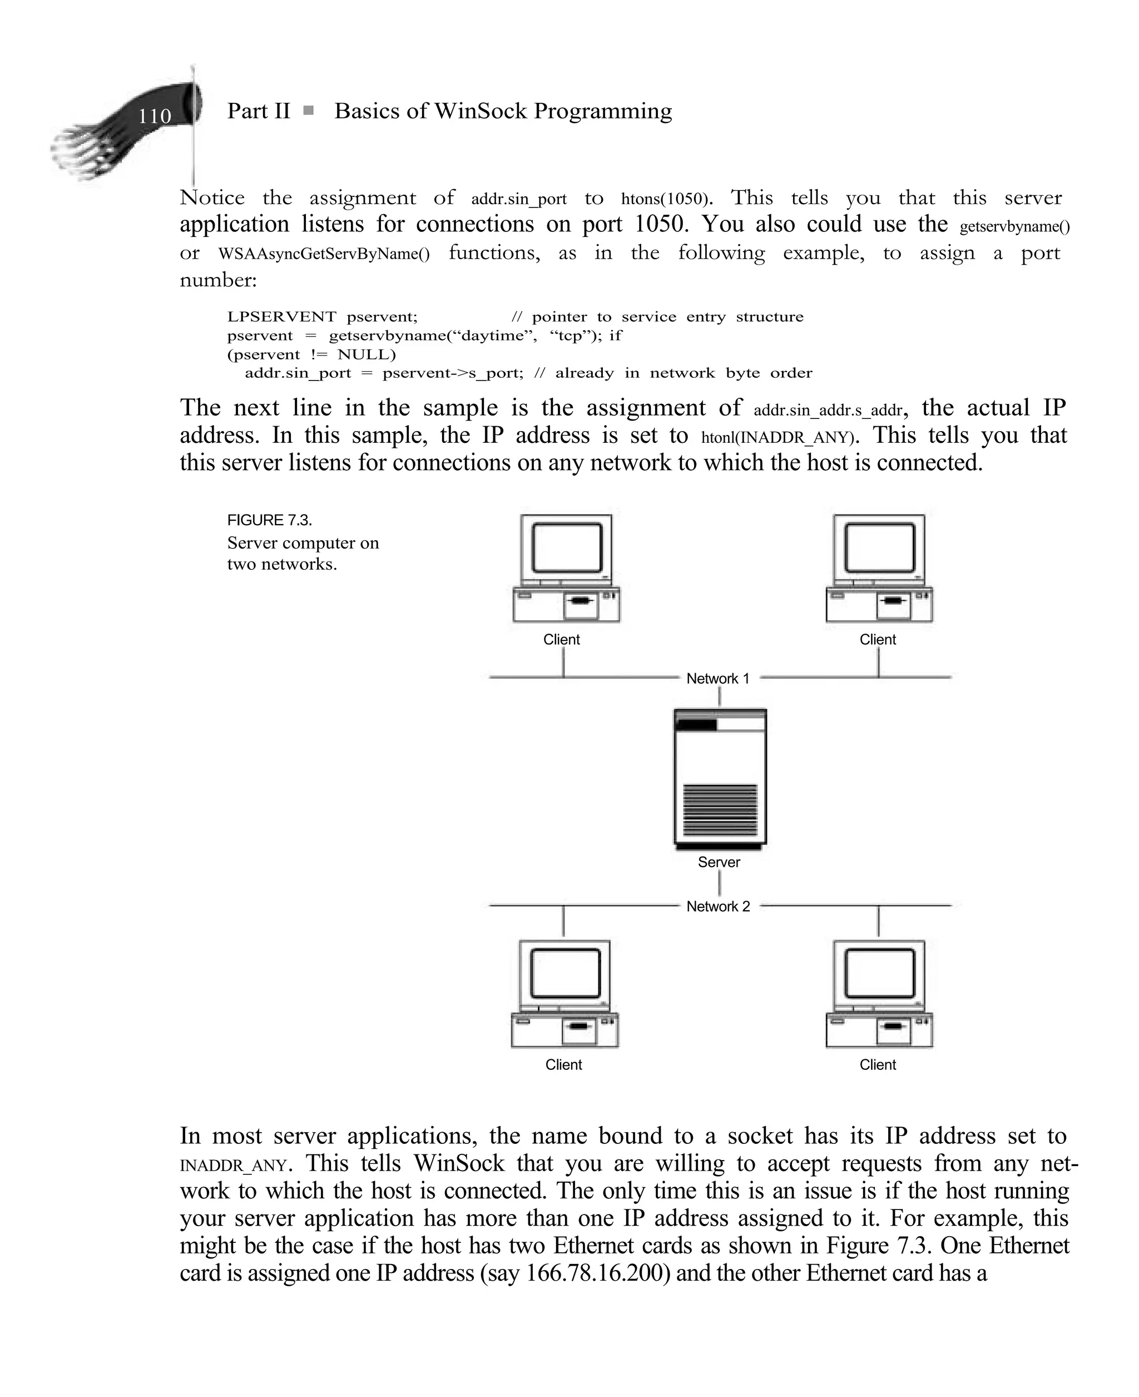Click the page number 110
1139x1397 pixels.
pos(154,117)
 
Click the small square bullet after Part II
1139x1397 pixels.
pos(308,111)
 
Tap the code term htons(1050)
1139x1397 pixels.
pos(665,199)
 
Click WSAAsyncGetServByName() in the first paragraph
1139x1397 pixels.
pos(324,254)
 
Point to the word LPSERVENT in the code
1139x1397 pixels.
pos(281,317)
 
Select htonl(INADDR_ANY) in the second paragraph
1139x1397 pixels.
pos(778,437)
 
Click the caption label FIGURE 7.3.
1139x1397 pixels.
pos(269,520)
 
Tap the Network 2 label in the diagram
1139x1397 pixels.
pos(718,906)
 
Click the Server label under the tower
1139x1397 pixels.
pos(719,862)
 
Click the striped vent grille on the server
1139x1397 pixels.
pos(720,809)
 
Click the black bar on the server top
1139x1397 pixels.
pos(696,725)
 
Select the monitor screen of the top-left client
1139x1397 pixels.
pos(566,548)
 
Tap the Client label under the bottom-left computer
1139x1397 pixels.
pos(563,1064)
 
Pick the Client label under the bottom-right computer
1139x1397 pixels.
pos(877,1064)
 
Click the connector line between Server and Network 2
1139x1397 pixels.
pos(720,884)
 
